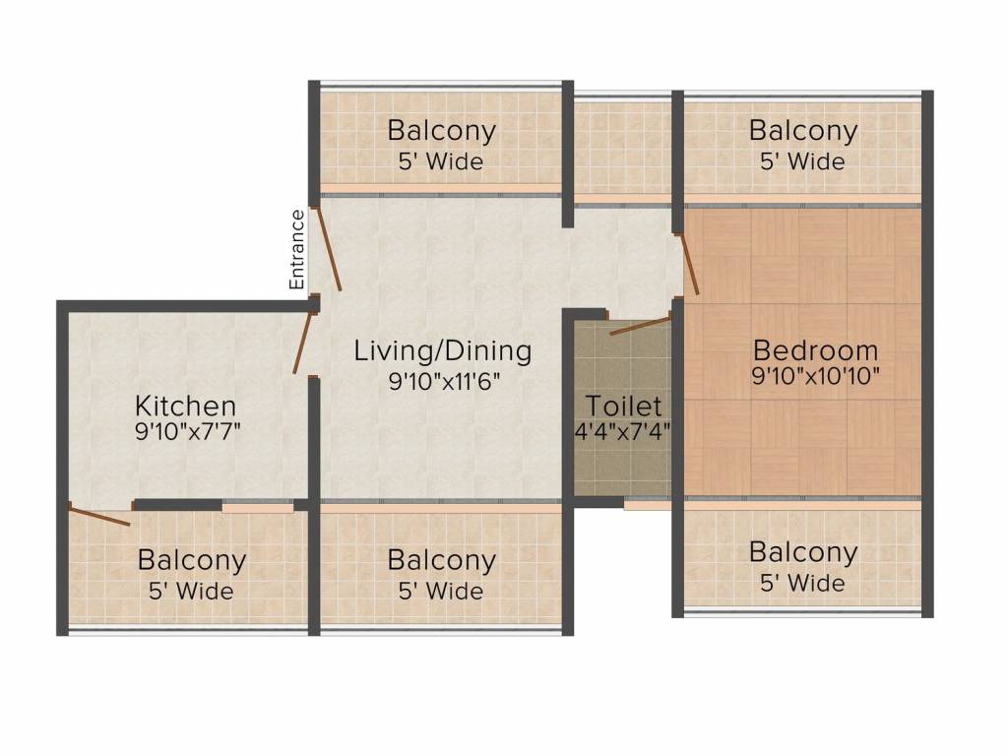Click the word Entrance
[296, 249]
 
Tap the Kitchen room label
[186, 407]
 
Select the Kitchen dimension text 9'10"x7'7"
[188, 431]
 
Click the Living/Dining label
[443, 351]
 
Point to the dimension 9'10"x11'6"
[444, 381]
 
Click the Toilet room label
[623, 407]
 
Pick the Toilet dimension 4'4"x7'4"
[623, 431]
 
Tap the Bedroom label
[815, 350]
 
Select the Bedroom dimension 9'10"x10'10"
[815, 375]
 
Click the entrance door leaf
[326, 248]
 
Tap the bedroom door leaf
[689, 265]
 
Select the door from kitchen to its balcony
[99, 516]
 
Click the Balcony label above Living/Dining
[442, 131]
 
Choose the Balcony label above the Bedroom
[803, 131]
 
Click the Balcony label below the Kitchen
[192, 560]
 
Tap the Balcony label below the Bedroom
[803, 553]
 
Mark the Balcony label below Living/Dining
[442, 560]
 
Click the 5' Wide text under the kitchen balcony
[191, 591]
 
